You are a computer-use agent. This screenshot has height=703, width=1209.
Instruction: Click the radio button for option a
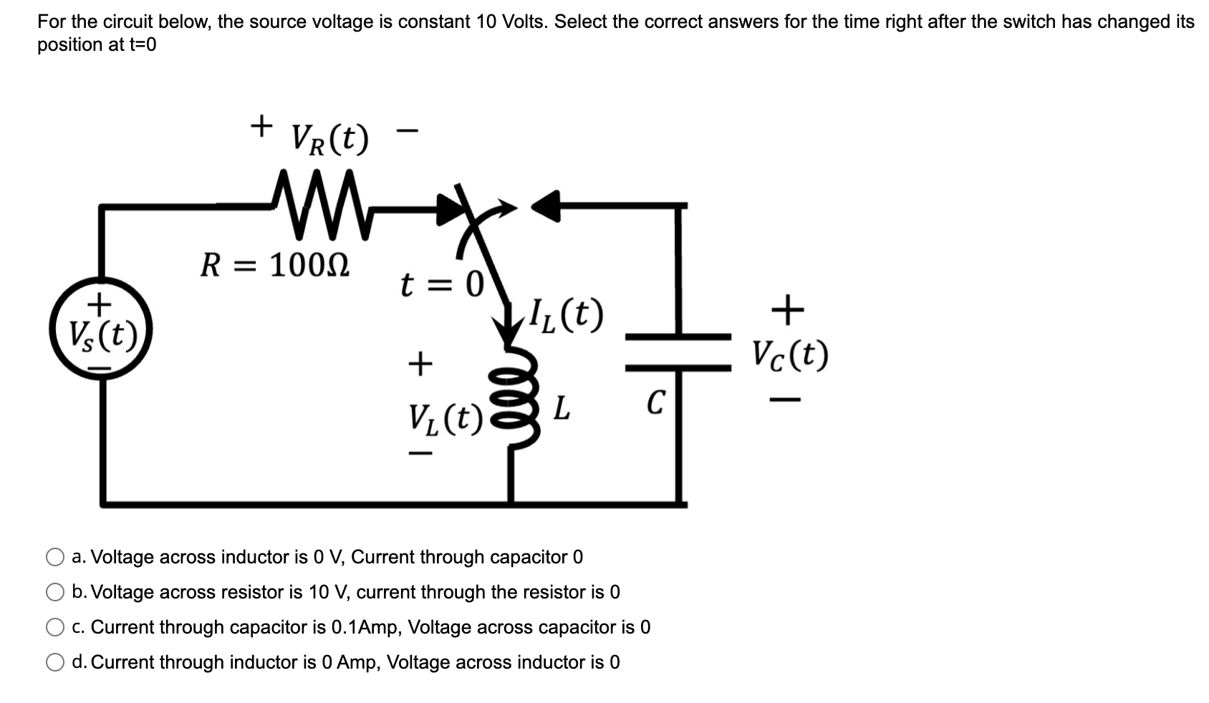point(55,557)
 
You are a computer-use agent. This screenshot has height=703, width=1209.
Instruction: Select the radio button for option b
point(55,592)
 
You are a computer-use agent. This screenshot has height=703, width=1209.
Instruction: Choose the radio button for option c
point(55,627)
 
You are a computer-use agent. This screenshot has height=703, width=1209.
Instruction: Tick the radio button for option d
point(55,662)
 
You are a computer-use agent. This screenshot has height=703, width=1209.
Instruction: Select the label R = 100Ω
point(275,266)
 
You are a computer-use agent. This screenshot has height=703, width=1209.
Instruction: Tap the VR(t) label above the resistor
point(330,139)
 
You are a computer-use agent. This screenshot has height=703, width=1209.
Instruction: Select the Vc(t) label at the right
point(790,354)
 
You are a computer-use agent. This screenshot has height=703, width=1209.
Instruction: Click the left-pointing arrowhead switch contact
point(546,206)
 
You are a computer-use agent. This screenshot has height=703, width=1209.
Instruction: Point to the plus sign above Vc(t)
point(788,309)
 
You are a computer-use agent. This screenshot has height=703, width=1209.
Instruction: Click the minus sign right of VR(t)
point(407,131)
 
